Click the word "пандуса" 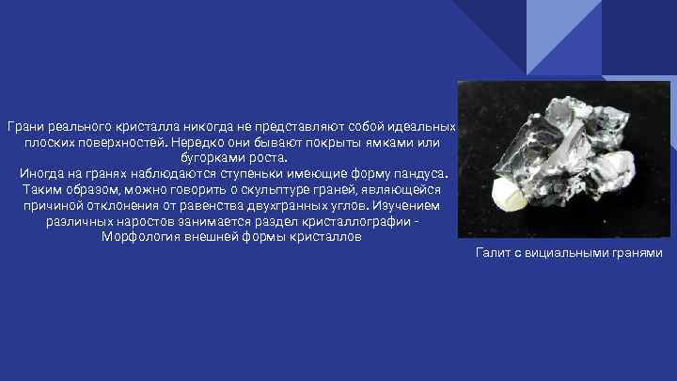tap(421, 174)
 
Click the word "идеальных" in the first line tap(421, 126)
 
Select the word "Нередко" tap(199, 141)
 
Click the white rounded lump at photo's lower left tap(509, 194)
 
